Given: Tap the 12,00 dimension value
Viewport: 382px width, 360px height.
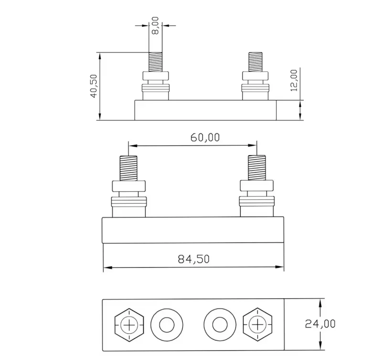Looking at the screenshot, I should [x=293, y=80].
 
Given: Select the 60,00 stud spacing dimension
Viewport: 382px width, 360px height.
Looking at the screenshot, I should [x=205, y=138].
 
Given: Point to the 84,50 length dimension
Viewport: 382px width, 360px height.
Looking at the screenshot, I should [x=194, y=259].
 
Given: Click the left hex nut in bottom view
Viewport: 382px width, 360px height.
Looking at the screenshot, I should [x=129, y=326].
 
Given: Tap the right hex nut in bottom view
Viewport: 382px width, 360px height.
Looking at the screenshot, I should [x=257, y=326].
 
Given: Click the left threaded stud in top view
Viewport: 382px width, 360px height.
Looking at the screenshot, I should [x=155, y=61].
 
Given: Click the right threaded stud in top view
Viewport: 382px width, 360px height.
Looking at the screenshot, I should [x=256, y=61].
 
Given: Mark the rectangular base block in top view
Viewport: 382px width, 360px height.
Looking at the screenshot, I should [x=205, y=110].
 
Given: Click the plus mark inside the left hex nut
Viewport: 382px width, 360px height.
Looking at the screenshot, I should [x=129, y=326].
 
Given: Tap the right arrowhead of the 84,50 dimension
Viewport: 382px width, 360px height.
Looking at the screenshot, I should [x=282, y=267].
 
